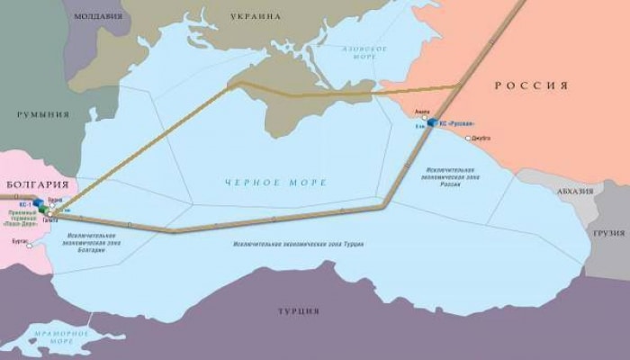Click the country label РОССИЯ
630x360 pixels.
click(532, 85)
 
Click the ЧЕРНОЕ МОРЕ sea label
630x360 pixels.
click(275, 183)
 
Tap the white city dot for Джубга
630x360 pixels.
click(468, 138)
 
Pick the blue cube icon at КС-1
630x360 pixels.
click(39, 204)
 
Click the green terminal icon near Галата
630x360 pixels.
click(42, 211)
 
